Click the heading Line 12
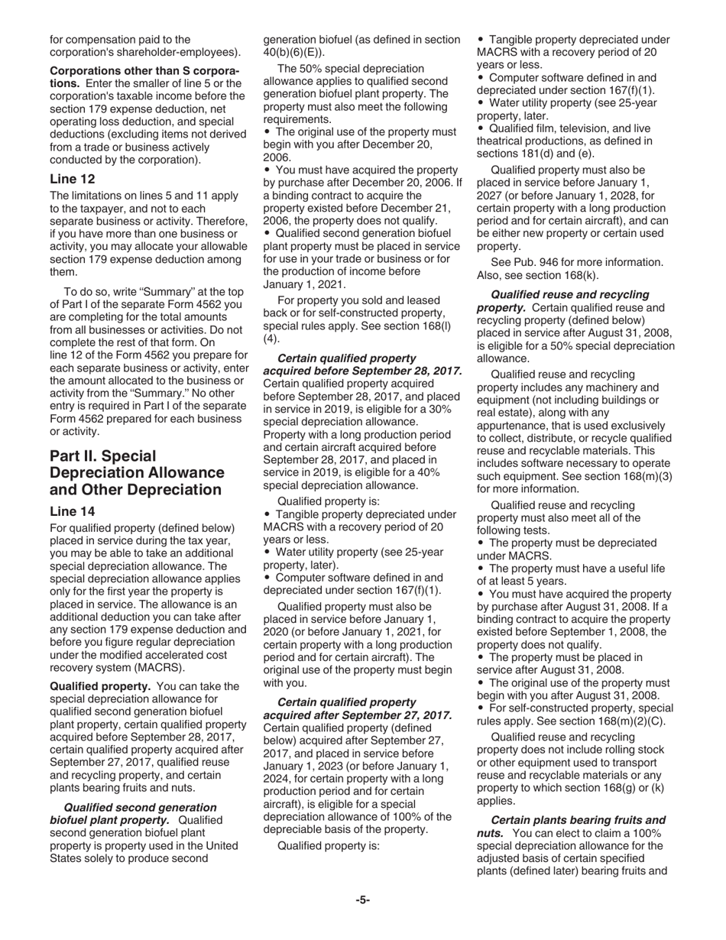(73, 180)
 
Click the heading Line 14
(73, 511)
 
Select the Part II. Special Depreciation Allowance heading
(137, 473)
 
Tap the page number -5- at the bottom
(362, 900)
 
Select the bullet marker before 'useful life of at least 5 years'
(481, 569)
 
